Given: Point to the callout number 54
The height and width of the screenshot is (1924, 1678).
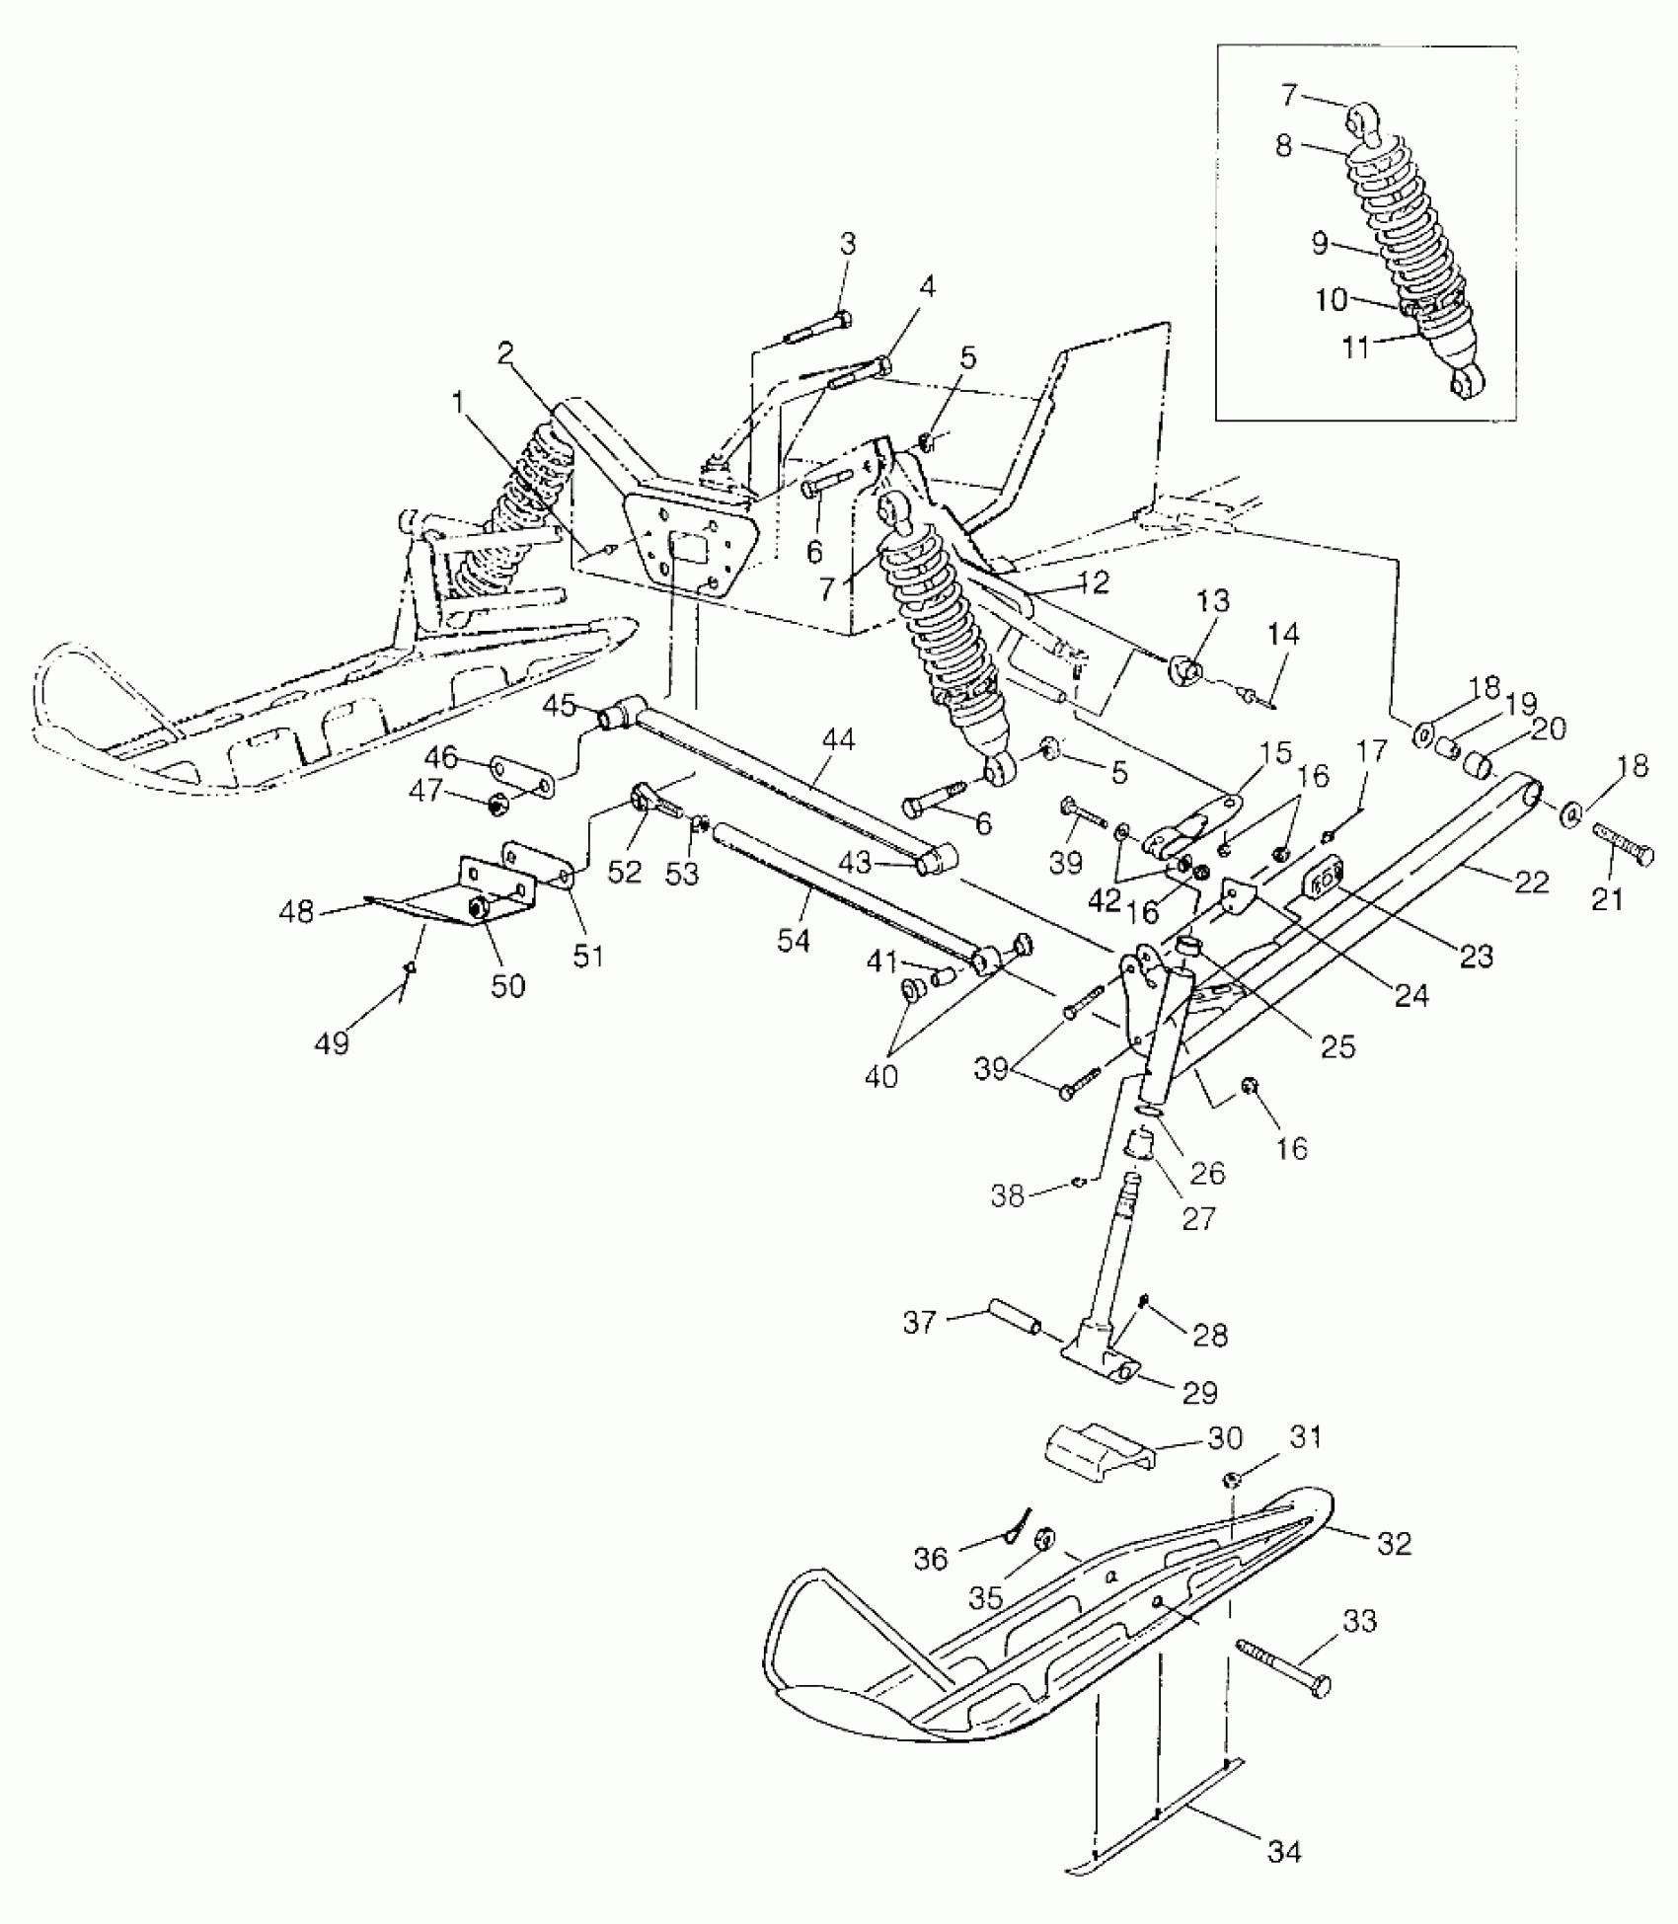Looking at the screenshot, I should point(793,941).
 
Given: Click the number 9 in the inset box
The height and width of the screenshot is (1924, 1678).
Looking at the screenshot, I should point(1320,244).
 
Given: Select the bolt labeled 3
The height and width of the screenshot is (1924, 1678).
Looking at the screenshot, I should point(819,329).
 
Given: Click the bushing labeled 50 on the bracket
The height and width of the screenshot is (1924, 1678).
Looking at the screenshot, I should point(478,908).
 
